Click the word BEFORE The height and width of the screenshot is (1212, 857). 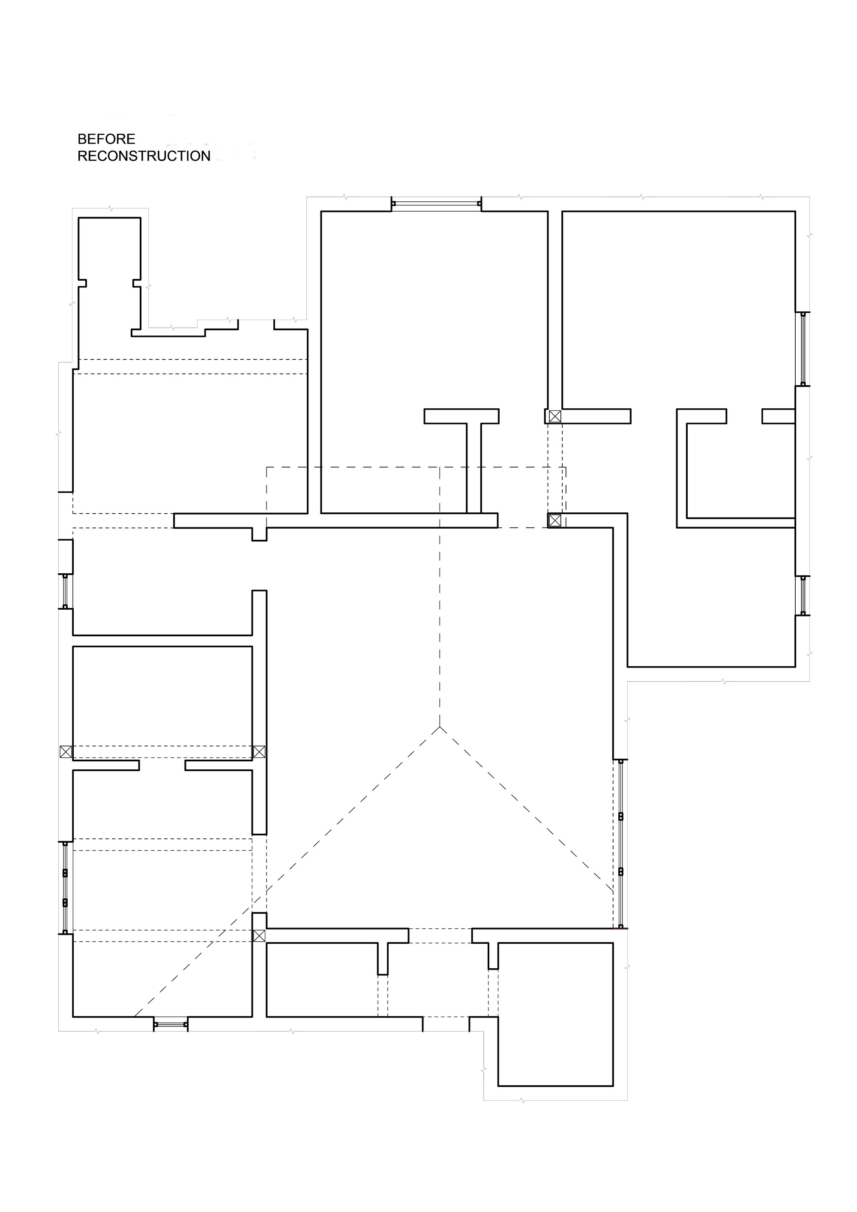point(106,139)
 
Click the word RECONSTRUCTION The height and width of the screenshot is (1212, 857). point(144,156)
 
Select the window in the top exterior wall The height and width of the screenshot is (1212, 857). point(436,204)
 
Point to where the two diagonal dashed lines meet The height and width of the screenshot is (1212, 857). point(440,727)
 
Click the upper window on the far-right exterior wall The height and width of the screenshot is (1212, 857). point(803,349)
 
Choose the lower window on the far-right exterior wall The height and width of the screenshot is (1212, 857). point(803,596)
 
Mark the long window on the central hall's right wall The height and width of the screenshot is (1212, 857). point(620,844)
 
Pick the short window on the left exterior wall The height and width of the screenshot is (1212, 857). point(65,591)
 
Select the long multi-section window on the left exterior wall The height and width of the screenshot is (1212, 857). point(65,887)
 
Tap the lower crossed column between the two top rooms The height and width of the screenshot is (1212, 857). point(554,521)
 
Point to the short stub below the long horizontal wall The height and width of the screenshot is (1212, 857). point(259,534)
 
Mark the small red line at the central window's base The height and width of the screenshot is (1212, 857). point(623,928)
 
